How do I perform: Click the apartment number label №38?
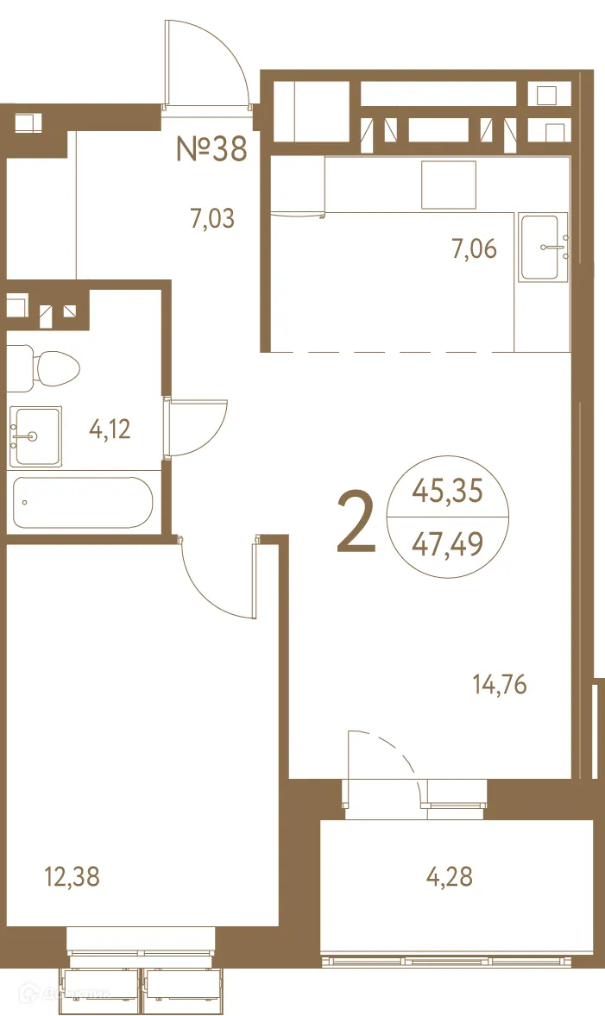212,148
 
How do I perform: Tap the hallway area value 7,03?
212,218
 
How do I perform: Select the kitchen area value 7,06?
474,249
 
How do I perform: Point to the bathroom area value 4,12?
110,429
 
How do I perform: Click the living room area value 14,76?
499,686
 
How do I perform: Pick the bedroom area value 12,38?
72,878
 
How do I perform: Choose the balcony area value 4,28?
449,878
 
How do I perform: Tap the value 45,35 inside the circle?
447,492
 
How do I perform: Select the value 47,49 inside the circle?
447,544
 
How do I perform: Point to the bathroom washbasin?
35,436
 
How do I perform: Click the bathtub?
83,503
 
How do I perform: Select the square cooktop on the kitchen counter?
449,184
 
